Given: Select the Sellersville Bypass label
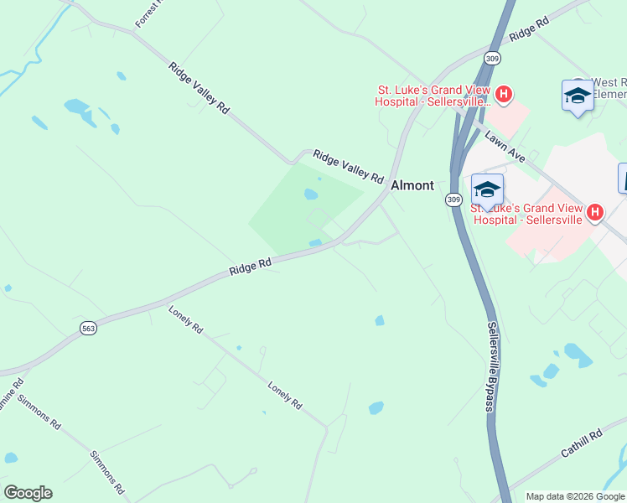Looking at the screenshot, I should click(491, 367).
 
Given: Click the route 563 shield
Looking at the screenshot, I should click(88, 329).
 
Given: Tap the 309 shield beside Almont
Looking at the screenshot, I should click(453, 199).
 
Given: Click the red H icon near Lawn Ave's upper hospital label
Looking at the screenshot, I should click(503, 94).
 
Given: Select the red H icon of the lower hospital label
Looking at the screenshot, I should click(594, 213).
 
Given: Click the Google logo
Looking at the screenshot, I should click(28, 493).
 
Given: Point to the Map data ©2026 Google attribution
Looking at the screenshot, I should click(575, 496).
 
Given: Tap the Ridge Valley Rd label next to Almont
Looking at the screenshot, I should click(348, 167).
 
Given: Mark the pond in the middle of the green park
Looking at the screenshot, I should click(311, 194).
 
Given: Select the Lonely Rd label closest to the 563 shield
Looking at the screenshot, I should click(185, 319).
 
